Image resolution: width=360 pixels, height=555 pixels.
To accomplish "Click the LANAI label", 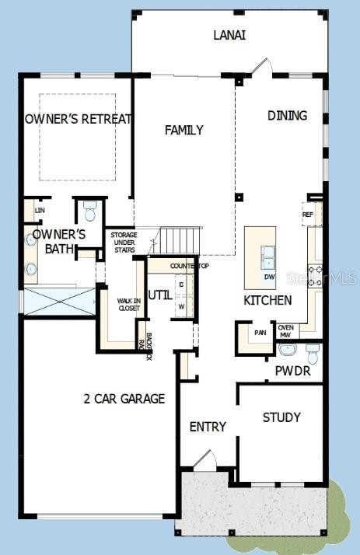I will pyautogui.click(x=229, y=35).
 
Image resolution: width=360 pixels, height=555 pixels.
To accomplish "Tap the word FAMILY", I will pyautogui.click(x=183, y=130).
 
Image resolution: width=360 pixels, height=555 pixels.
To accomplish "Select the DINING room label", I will pyautogui.click(x=287, y=116).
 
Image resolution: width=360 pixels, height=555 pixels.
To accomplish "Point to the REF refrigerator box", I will pyautogui.click(x=307, y=214).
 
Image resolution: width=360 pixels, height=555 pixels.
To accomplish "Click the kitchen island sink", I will pyautogui.click(x=267, y=253).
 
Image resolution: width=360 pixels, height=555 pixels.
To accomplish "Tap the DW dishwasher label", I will pyautogui.click(x=269, y=276).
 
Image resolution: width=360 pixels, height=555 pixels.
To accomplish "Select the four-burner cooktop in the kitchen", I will pyautogui.click(x=316, y=275).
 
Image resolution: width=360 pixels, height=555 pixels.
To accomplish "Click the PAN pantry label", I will pyautogui.click(x=259, y=333).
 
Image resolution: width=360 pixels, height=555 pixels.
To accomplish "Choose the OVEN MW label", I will pyautogui.click(x=285, y=331).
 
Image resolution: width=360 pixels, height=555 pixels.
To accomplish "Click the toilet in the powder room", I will pyautogui.click(x=313, y=354).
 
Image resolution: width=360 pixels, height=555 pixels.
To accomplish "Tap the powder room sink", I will pyautogui.click(x=287, y=348).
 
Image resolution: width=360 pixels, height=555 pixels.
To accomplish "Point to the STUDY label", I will pyautogui.click(x=281, y=417).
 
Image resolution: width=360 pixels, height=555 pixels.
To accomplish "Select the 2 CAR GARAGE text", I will pyautogui.click(x=124, y=399).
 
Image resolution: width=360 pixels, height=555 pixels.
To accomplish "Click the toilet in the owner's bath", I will pyautogui.click(x=89, y=211).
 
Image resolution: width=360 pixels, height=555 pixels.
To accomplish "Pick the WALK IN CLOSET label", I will pyautogui.click(x=128, y=304).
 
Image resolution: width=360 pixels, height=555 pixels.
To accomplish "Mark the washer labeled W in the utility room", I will pyautogui.click(x=181, y=306).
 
